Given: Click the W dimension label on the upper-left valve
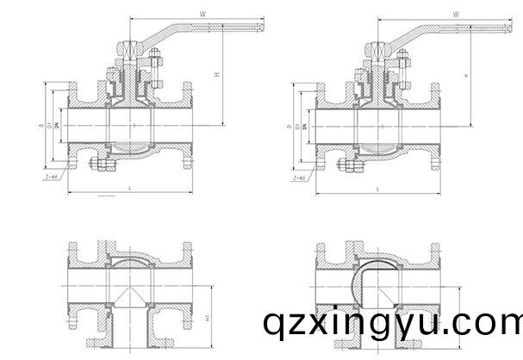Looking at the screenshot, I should [202, 14].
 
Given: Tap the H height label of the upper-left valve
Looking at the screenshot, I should [220, 75].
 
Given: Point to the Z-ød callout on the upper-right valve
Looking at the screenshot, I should [299, 178].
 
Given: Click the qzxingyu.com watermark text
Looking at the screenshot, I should [392, 324].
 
